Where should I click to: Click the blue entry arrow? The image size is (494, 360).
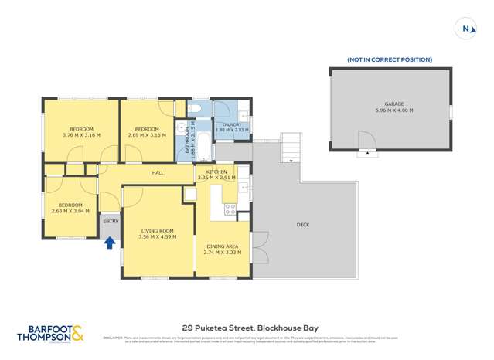coord(110,243)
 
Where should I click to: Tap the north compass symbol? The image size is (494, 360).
coord(466,29)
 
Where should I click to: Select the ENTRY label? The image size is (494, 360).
coord(111,222)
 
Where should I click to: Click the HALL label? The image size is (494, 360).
coord(158,173)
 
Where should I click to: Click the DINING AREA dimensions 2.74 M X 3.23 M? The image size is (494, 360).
coord(222,253)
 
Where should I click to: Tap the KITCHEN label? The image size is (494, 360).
coord(216,172)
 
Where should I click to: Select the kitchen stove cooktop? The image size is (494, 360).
coord(230,208)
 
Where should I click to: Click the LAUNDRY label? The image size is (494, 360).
coord(232,124)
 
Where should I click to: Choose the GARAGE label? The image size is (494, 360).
coord(394,104)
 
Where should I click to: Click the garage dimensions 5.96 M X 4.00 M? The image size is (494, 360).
coord(394,110)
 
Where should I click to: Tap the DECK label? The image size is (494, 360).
coord(302,225)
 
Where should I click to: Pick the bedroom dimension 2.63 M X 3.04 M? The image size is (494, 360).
coord(70,211)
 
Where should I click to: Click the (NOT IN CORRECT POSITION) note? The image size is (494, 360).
coord(389,59)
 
